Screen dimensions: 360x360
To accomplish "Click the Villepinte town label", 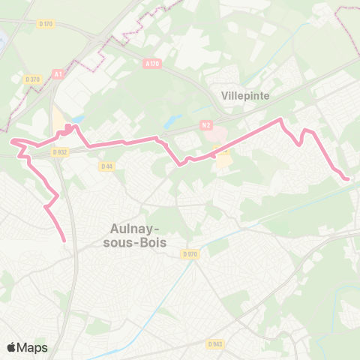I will coord(245,96).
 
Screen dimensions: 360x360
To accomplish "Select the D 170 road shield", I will coord(46,24).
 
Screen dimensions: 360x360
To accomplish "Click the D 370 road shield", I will coord(31,79).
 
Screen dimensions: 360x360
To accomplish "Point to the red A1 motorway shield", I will coord(58,73).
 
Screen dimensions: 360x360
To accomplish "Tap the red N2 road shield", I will coord(207,125).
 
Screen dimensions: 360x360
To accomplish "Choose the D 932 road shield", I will coord(60,151).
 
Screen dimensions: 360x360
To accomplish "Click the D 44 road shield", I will coord(106,166).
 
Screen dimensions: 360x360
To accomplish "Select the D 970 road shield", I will coord(190,254).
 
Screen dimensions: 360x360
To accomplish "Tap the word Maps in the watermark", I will coord(33,347).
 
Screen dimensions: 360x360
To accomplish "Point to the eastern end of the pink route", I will coord(347,178).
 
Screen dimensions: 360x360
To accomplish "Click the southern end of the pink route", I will coord(64,241).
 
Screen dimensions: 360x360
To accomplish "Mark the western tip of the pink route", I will coord(10,140).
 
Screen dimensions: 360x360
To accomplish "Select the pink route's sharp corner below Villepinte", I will coord(281,119).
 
